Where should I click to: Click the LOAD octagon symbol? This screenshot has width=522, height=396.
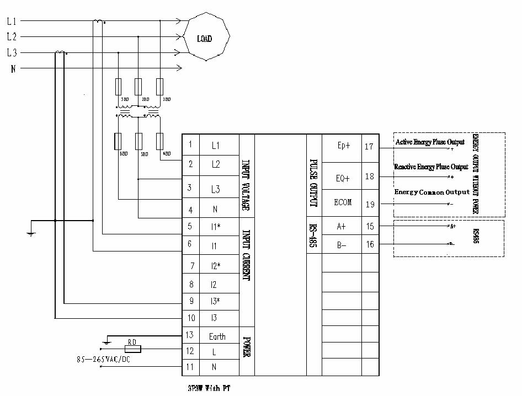click(205, 39)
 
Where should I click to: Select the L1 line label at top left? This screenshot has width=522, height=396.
click(12, 22)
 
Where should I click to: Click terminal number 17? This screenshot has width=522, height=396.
click(369, 147)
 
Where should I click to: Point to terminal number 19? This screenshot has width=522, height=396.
click(369, 205)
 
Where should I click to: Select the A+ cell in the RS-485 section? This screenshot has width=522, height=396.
click(342, 226)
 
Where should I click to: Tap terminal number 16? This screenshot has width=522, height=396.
click(369, 244)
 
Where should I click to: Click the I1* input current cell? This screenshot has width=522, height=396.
click(216, 226)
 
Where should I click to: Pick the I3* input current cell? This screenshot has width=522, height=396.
click(216, 301)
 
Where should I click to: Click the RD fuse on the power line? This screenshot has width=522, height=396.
click(132, 349)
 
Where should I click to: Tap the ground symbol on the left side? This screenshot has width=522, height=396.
click(31, 234)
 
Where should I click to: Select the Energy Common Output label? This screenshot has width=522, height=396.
click(432, 192)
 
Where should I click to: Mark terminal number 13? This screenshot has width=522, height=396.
click(190, 335)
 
